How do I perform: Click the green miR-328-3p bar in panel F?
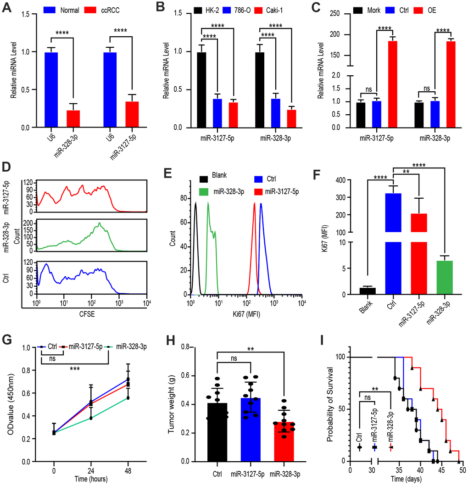tap(444, 277)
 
